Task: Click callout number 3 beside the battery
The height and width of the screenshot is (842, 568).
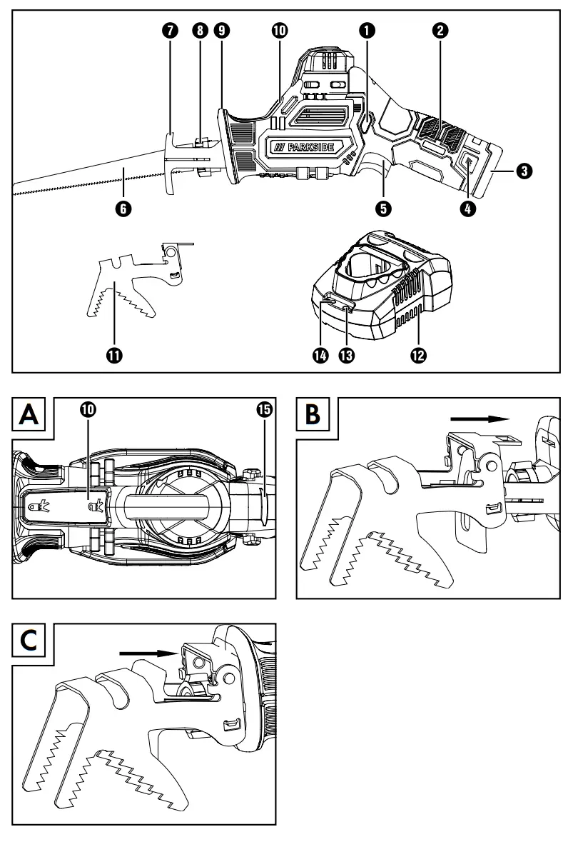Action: (x=524, y=171)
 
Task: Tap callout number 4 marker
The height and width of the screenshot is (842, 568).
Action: (x=469, y=209)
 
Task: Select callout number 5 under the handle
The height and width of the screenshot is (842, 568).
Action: (x=385, y=209)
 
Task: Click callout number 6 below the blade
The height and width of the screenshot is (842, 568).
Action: (x=127, y=209)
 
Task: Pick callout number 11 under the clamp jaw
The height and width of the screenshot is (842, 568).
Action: (x=113, y=355)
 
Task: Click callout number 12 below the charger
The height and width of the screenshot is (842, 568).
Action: (x=418, y=355)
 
